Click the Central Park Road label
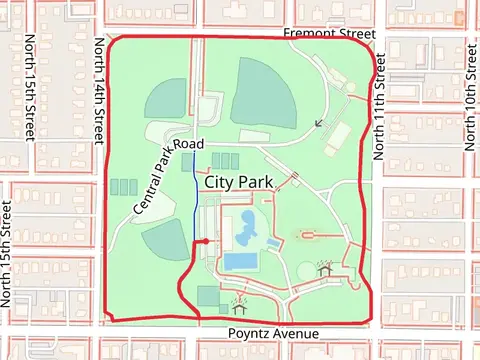click(x=167, y=177)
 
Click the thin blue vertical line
click(x=195, y=200)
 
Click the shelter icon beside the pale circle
click(x=325, y=269)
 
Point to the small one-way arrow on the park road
click(x=319, y=123)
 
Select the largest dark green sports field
click(x=264, y=93)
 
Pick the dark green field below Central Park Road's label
click(x=165, y=241)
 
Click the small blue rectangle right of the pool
click(x=273, y=243)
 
